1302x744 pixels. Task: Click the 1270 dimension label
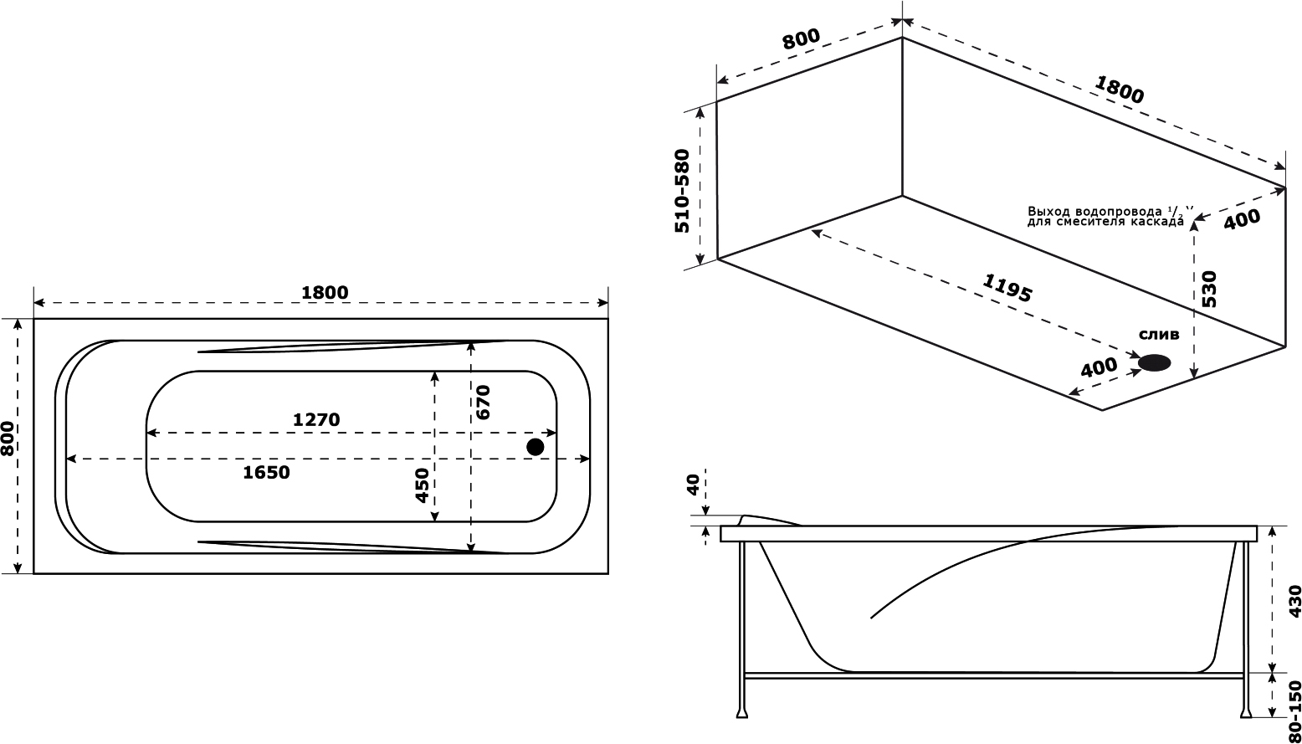315,419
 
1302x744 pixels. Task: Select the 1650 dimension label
265,472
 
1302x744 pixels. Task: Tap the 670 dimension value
483,402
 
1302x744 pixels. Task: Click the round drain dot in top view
535,447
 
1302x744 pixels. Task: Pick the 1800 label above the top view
325,292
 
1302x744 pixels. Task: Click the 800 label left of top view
8,439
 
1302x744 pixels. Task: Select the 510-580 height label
682,192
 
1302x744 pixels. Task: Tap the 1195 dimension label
1007,288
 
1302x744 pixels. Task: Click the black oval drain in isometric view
1155,362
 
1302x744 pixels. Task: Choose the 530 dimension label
1208,289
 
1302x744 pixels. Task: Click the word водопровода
1110,210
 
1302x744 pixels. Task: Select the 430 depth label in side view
1294,602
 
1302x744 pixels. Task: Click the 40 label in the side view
694,485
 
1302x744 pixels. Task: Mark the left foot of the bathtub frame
741,728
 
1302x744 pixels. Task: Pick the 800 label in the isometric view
801,39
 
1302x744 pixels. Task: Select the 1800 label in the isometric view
1120,90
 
